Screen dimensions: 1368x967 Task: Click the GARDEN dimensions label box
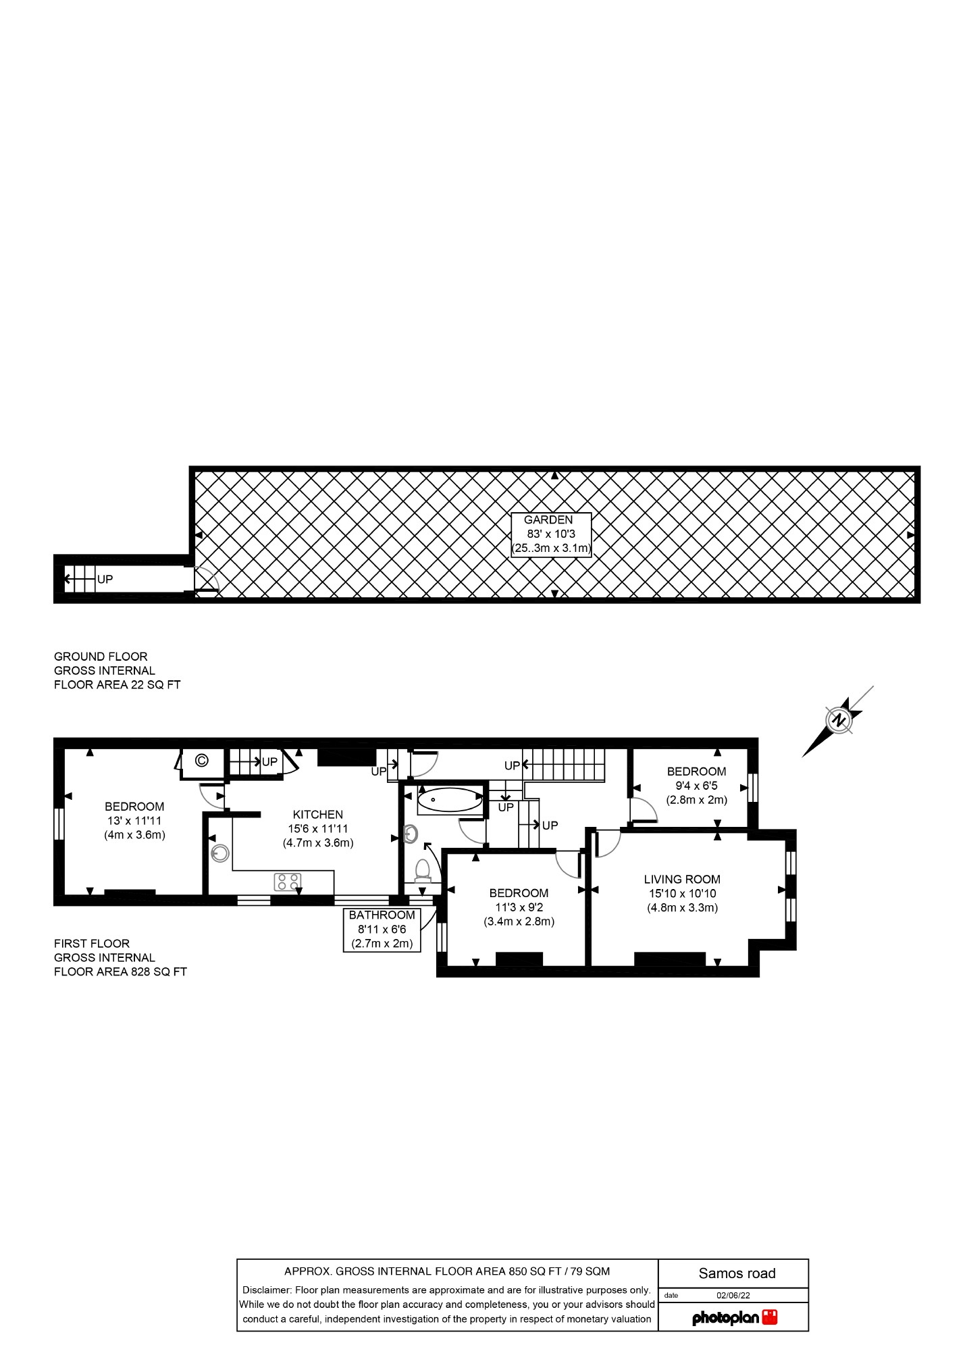[551, 534]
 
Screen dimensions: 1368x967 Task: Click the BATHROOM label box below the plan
[382, 930]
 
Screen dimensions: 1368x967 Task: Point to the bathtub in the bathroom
[450, 801]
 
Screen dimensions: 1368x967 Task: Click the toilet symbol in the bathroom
[423, 871]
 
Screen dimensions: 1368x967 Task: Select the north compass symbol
[839, 720]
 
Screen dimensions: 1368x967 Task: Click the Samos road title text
[737, 1273]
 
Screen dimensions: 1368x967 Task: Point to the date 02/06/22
[733, 1296]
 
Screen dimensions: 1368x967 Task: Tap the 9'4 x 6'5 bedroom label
[696, 785]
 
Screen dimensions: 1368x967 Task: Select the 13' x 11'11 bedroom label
[134, 820]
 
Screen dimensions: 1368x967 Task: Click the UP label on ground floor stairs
[105, 579]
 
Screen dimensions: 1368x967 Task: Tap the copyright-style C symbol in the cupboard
[201, 761]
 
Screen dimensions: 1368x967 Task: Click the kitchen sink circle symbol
[219, 854]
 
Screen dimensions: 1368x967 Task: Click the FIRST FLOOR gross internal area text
[120, 957]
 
